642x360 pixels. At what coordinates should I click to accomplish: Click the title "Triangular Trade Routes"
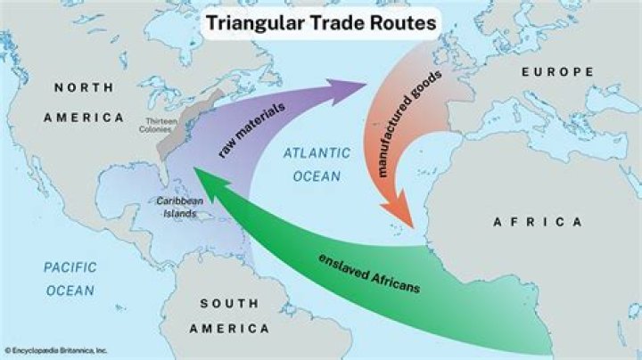coord(321,24)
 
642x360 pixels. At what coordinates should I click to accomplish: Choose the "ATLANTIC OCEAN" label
coord(312,165)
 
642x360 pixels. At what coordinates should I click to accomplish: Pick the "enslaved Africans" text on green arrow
coord(368,274)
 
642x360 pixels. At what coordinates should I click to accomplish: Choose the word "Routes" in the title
coord(403,24)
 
